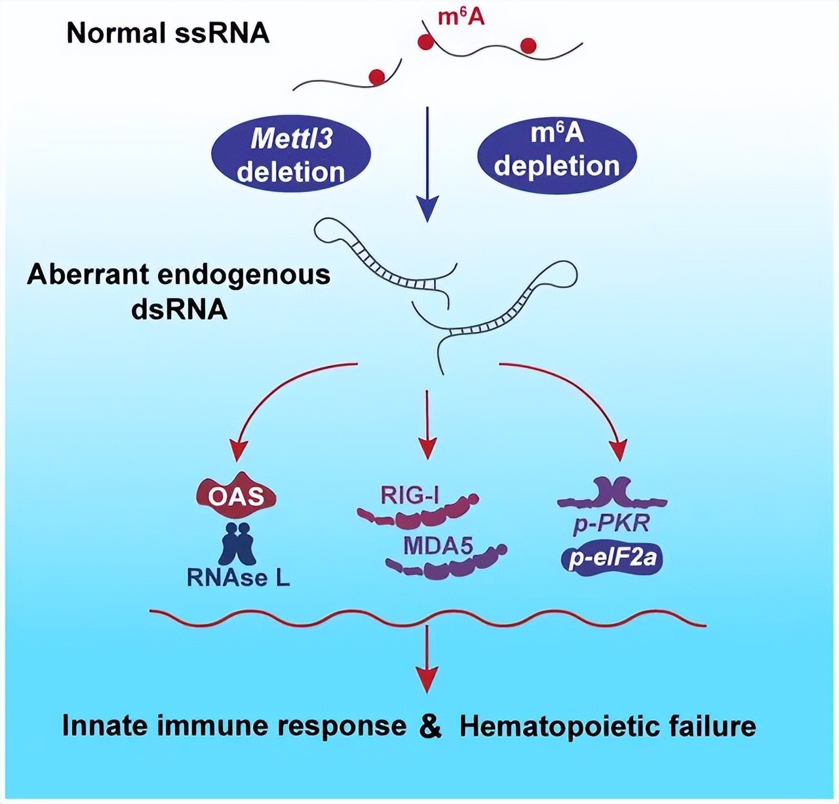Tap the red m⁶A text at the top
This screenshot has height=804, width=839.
click(x=461, y=16)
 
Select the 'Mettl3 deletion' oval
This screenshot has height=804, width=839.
click(x=291, y=155)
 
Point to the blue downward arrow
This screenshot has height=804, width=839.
click(x=427, y=164)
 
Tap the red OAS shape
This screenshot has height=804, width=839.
click(x=236, y=496)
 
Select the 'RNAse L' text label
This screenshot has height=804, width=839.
click(x=238, y=578)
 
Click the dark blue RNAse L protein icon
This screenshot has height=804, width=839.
click(x=237, y=543)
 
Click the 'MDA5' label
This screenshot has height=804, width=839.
click(x=438, y=545)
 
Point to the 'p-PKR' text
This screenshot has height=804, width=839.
click(x=611, y=525)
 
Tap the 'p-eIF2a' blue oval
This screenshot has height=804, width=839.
click(x=612, y=559)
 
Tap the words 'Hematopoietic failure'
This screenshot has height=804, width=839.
click(x=608, y=727)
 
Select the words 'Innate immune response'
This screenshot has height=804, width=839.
click(x=234, y=726)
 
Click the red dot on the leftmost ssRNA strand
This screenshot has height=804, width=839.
click(x=377, y=77)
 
